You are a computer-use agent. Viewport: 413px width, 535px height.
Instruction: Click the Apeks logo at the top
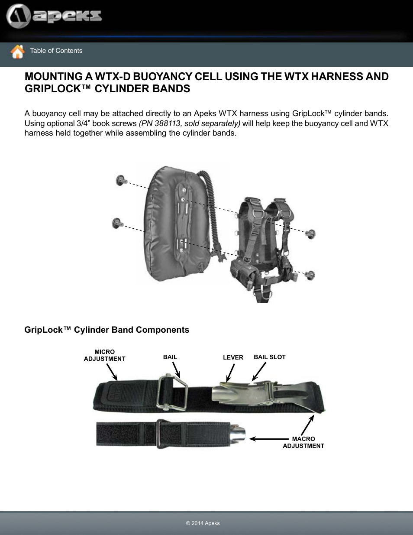pos(54,16)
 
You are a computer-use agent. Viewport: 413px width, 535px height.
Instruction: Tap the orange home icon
pos(17,52)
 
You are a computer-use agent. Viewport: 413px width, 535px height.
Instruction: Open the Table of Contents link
pos(56,51)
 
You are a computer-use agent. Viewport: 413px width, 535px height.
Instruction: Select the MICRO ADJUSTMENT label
pos(104,355)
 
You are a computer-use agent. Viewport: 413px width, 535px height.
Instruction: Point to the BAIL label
pos(170,357)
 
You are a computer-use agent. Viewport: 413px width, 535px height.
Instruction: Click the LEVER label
pos(233,357)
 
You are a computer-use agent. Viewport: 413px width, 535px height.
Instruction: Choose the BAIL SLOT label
pos(269,357)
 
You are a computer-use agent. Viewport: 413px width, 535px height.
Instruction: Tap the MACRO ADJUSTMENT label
pos(303,442)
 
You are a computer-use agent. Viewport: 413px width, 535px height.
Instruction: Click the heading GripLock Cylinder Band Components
pos(106,330)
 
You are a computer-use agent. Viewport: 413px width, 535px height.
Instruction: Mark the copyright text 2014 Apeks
pos(203,523)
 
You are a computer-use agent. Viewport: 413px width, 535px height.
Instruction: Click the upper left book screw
pos(121,180)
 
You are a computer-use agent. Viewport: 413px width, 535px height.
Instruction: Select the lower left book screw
pos(117,223)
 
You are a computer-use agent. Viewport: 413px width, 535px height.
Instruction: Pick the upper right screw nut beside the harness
pos(310,234)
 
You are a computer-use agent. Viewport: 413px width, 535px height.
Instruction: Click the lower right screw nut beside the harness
pos(310,275)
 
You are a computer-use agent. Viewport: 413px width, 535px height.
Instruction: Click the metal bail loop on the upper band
pos(172,392)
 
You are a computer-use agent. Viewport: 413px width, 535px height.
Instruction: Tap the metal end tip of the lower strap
pos(238,434)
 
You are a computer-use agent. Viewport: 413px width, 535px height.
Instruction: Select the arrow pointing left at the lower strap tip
pos(268,439)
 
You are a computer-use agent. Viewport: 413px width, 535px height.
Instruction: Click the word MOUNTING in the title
pos(53,77)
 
